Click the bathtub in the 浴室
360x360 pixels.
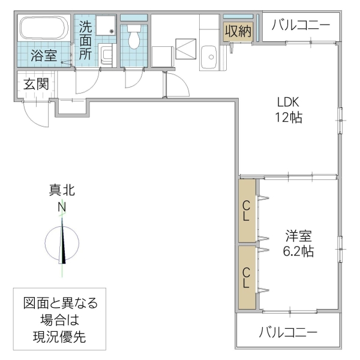tap(44, 28)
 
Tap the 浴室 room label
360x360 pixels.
tap(44, 56)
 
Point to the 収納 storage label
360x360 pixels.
tap(238, 31)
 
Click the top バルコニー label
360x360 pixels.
tap(300, 25)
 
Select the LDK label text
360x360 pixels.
tap(287, 101)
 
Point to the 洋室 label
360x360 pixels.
tap(298, 235)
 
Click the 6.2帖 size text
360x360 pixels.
tap(298, 251)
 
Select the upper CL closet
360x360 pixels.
tap(247, 211)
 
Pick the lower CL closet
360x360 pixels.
tap(247, 277)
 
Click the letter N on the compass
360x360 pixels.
tap(62, 208)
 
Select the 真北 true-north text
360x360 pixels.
tap(62, 191)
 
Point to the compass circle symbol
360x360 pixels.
tap(62, 243)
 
